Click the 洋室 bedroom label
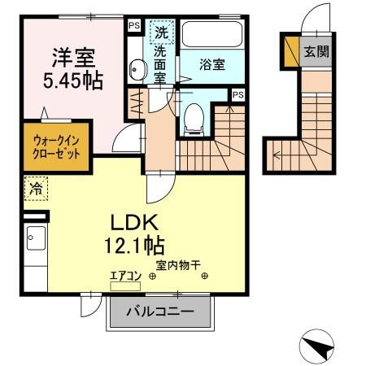(74, 58)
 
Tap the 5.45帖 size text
(74, 81)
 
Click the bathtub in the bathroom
(212, 34)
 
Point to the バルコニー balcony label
(161, 312)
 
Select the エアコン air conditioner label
(125, 277)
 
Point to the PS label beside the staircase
(237, 95)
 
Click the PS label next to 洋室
(133, 25)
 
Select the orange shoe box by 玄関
(290, 52)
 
